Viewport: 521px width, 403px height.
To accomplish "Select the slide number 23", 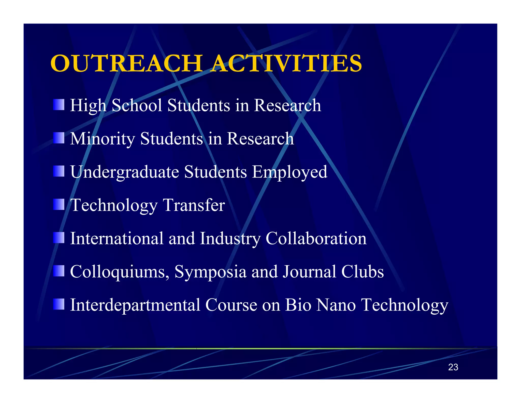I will click(453, 367).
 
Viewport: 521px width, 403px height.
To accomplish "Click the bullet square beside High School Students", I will click(59, 105).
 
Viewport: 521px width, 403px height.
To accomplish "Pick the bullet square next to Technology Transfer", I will click(59, 205).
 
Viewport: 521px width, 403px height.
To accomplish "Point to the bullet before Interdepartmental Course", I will click(59, 304).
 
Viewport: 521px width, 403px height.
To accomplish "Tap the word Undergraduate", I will click(125, 172).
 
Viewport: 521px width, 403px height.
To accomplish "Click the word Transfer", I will click(194, 205).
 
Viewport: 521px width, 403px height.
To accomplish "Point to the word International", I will click(117, 238).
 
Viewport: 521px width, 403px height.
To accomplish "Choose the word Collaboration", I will click(316, 238).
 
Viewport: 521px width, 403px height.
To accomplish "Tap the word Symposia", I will click(210, 272).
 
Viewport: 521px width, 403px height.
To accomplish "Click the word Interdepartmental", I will click(135, 305).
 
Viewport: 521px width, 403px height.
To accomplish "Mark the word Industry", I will click(230, 239).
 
